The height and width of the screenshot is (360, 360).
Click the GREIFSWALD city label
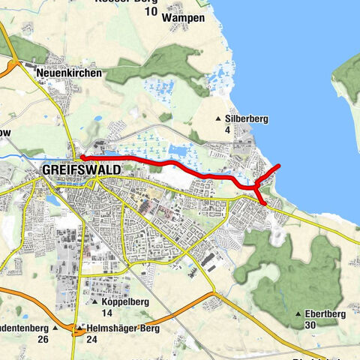(x=82, y=170)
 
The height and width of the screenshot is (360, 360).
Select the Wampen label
(x=184, y=17)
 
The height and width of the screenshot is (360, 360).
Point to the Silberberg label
(x=247, y=118)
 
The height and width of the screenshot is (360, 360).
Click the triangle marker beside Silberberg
(x=218, y=119)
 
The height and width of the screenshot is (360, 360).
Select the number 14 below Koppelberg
(x=106, y=313)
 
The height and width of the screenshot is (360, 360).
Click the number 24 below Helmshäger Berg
(x=92, y=340)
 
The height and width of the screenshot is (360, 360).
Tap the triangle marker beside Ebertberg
(x=299, y=313)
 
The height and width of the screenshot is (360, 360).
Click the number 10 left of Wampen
(x=151, y=11)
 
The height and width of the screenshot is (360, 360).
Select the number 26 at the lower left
(x=43, y=340)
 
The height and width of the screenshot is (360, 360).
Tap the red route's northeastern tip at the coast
(x=279, y=165)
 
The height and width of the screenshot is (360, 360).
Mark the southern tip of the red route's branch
(x=265, y=202)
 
